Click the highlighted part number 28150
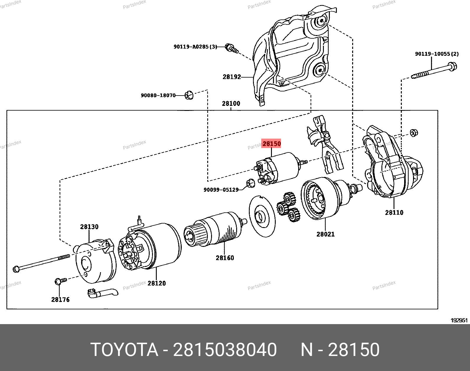(x=272, y=144)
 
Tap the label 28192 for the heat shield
(x=232, y=77)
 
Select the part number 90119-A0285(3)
(x=195, y=47)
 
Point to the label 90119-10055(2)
(x=437, y=54)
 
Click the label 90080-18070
(x=158, y=96)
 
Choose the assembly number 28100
(x=231, y=104)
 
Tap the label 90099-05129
(x=221, y=190)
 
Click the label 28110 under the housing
(x=394, y=212)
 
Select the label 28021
(x=325, y=234)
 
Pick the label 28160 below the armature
(x=225, y=258)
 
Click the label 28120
(x=156, y=283)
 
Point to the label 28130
(x=89, y=227)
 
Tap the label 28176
(x=60, y=300)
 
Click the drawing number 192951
(x=459, y=320)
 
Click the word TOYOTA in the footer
(x=124, y=350)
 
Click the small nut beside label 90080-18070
(x=188, y=96)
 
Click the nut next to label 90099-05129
(x=251, y=184)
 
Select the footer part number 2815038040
(x=225, y=350)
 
